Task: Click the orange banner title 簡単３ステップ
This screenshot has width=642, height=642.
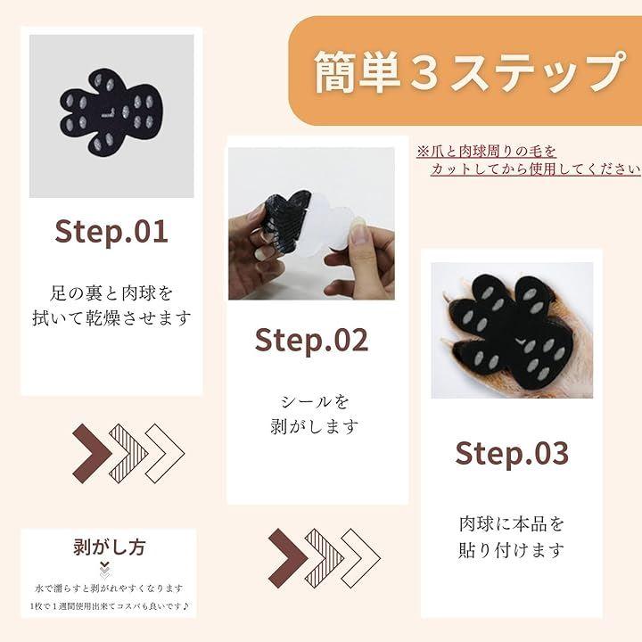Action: [x=470, y=71]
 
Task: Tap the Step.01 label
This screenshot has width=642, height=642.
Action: [x=111, y=232]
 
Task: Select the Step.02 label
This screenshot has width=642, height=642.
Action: [x=311, y=341]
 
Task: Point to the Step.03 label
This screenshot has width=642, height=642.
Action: [x=512, y=453]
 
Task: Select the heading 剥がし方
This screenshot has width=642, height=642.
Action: [x=110, y=547]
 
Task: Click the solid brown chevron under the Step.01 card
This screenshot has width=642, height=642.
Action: [x=92, y=453]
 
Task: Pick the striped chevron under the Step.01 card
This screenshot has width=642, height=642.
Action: [x=128, y=453]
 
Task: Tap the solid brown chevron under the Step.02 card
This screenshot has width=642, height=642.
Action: [x=288, y=558]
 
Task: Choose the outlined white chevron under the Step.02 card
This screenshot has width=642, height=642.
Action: [x=361, y=558]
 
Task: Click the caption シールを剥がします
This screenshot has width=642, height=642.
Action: [x=315, y=415]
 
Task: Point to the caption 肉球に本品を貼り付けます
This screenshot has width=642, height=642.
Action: [x=512, y=538]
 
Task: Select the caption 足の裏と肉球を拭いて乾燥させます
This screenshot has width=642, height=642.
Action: [x=111, y=306]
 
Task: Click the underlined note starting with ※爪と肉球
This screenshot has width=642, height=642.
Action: [x=528, y=160]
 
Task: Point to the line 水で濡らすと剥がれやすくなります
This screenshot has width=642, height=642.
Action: [x=110, y=588]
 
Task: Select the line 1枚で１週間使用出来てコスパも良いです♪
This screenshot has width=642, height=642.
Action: [x=110, y=606]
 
